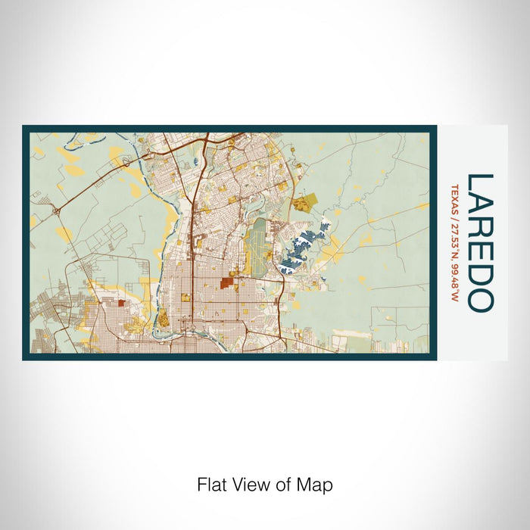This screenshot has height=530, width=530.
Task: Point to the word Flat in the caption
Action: pos(210,485)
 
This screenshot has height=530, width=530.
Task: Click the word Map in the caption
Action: pos(317,485)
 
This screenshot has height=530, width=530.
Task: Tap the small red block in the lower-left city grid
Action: pos(121,304)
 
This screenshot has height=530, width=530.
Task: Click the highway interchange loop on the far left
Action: pos(57,211)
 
